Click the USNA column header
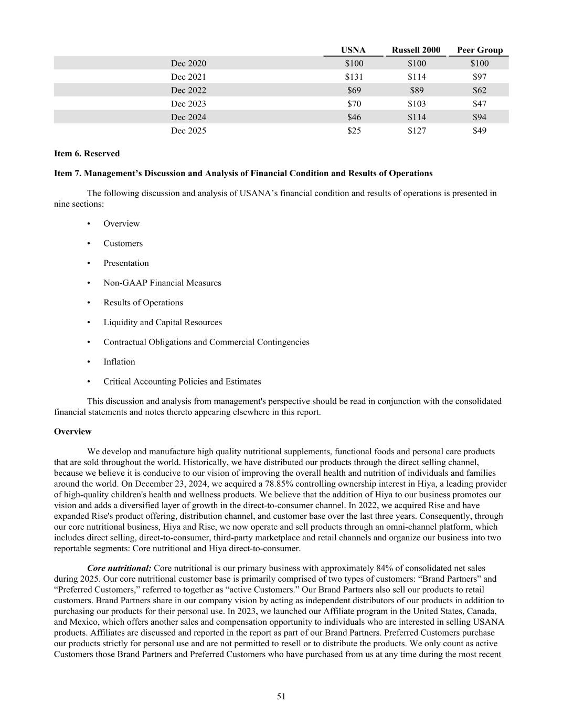click(353, 50)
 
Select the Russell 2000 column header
click(416, 50)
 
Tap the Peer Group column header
click(480, 50)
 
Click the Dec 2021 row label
click(188, 77)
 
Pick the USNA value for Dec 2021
click(354, 77)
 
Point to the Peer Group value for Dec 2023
click(480, 104)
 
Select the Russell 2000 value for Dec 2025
click(417, 131)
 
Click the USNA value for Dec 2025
click(354, 131)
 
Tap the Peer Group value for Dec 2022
click(480, 90)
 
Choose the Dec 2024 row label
click(188, 117)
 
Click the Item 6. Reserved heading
click(87, 154)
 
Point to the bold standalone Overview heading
click(72, 432)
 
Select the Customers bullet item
click(123, 243)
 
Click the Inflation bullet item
click(119, 362)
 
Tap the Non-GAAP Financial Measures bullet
click(162, 283)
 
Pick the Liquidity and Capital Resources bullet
click(163, 323)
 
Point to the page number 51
click(281, 697)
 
